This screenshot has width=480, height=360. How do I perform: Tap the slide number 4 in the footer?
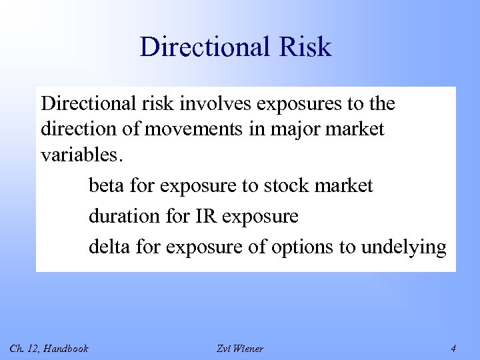click(x=453, y=347)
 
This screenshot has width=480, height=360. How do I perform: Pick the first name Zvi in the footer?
click(x=223, y=347)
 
